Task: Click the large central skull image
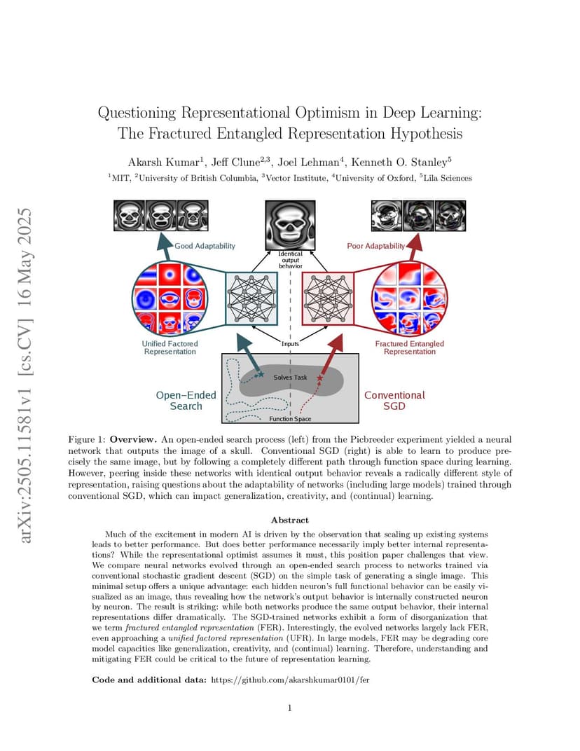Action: point(290,225)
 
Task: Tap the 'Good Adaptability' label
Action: point(205,246)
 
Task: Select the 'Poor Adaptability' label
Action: point(376,246)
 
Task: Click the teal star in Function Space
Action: point(261,373)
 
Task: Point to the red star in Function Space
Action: point(320,378)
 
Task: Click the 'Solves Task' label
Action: point(290,377)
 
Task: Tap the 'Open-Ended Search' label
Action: point(186,401)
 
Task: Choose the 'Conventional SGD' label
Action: point(394,401)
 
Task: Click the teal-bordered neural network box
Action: point(251,299)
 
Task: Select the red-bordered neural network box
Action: point(328,299)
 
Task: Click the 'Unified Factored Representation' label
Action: point(170,347)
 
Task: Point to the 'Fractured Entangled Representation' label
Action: point(410,347)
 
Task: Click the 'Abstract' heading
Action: point(290,520)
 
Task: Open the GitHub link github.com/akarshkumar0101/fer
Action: point(290,680)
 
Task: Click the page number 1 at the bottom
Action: point(290,708)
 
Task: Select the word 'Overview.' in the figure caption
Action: point(133,439)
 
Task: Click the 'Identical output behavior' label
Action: point(290,260)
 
